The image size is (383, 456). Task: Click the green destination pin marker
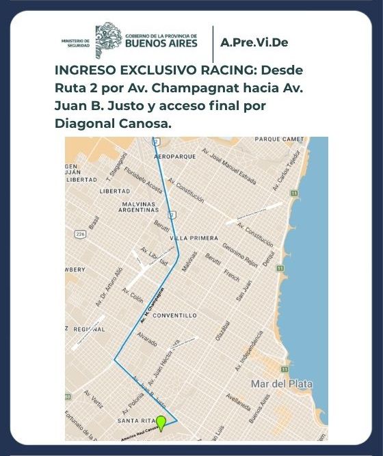pos(161,423)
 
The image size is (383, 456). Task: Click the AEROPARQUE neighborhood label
pos(176,157)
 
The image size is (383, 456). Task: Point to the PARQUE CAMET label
pos(278,139)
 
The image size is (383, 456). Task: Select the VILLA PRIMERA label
pos(194,238)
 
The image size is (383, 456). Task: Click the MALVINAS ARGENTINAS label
pos(134,207)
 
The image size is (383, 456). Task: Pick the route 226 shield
pos(81,234)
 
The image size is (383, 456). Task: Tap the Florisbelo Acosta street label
pos(144,179)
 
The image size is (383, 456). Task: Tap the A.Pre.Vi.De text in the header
pos(254,42)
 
